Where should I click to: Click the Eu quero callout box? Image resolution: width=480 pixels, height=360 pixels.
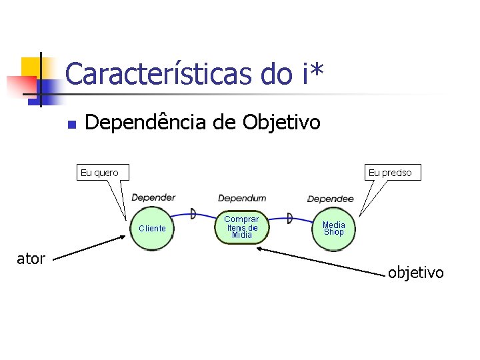tap(99, 173)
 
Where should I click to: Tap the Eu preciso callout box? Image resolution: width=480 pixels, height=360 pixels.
tap(390, 173)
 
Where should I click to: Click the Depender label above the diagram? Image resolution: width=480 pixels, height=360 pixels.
tap(153, 197)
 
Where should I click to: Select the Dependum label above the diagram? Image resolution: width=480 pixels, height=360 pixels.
tap(241, 198)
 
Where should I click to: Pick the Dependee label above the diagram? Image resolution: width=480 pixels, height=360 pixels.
tap(330, 199)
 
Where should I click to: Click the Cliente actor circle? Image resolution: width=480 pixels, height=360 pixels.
tap(152, 228)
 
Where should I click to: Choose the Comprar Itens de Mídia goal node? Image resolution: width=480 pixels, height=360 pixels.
tap(241, 227)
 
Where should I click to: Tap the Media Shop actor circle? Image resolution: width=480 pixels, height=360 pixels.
tap(333, 228)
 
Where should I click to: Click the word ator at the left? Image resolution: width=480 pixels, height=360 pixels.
tap(31, 259)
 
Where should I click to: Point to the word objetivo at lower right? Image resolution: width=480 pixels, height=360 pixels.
tap(415, 272)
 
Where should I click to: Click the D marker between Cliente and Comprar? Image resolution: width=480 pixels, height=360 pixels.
tap(193, 213)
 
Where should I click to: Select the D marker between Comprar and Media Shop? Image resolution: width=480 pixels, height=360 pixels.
tap(289, 217)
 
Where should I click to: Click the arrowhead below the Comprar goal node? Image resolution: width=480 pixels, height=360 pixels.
tap(261, 249)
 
